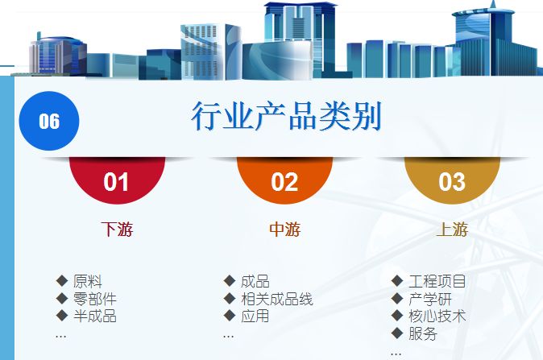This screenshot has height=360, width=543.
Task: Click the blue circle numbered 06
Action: coord(49,121)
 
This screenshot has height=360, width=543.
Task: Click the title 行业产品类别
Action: coord(286,116)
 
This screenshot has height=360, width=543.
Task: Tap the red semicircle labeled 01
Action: coord(117,180)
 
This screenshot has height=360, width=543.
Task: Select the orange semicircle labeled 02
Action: coord(284,180)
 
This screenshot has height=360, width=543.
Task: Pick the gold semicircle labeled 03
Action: coord(452,180)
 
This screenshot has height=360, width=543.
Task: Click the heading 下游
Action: coord(117,230)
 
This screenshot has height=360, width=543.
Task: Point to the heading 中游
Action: coord(284,230)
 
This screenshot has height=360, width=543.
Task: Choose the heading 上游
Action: coord(452,230)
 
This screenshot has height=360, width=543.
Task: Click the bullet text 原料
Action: coord(88,281)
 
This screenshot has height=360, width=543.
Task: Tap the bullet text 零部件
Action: coord(95,299)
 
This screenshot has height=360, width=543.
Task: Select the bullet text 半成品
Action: coord(95,316)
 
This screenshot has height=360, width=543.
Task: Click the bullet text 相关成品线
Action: coord(277,299)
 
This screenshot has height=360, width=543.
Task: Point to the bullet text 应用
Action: coord(255,316)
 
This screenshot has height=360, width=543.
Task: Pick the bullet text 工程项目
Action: coord(437,281)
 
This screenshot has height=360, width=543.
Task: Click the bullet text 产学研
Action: coord(430,299)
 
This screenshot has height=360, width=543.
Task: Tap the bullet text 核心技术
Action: coord(437,316)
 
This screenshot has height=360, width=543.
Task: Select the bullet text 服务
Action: coord(423,333)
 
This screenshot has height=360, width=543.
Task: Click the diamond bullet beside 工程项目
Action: coord(397,281)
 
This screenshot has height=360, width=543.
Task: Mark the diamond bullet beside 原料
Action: coord(62,281)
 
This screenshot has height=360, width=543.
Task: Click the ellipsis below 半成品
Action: coord(60,336)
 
